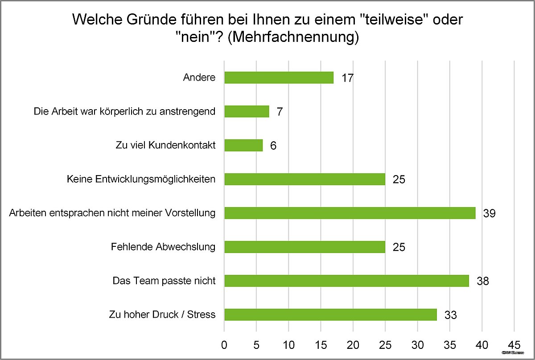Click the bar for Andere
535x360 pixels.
(x=279, y=78)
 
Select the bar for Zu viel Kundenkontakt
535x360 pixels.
(x=243, y=145)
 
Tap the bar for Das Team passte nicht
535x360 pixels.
(x=346, y=281)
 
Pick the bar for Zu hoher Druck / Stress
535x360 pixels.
(x=330, y=315)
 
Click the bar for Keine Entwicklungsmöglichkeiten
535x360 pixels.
(x=305, y=179)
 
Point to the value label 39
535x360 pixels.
(x=489, y=213)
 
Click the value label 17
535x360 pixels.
(x=347, y=78)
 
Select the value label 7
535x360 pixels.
(x=280, y=112)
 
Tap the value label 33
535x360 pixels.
(x=450, y=315)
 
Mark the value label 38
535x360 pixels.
(x=482, y=281)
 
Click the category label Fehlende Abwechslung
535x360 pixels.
(x=163, y=247)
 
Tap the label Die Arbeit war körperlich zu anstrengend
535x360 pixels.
(x=125, y=111)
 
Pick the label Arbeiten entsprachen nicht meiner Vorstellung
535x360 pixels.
(x=112, y=213)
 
